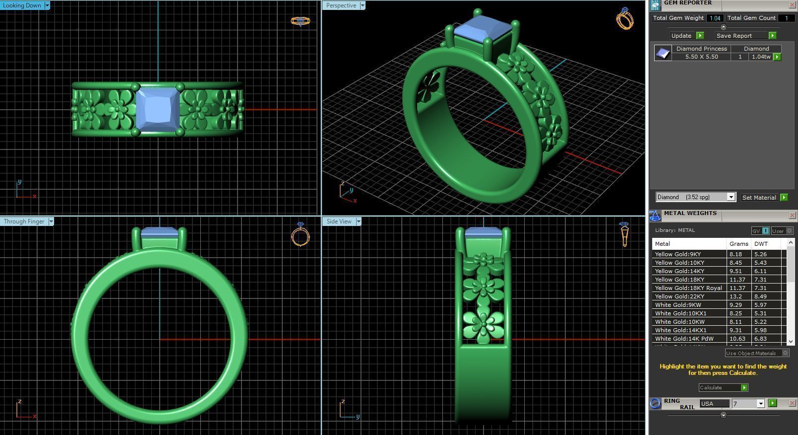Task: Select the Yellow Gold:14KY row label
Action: pyautogui.click(x=678, y=271)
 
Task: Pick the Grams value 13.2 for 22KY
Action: pyautogui.click(x=735, y=296)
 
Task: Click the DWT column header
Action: pyautogui.click(x=761, y=244)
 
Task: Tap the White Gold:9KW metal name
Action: pyautogui.click(x=677, y=305)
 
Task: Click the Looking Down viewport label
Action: pyautogui.click(x=22, y=5)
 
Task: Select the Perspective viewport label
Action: pyautogui.click(x=341, y=5)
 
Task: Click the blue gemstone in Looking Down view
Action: pyautogui.click(x=157, y=109)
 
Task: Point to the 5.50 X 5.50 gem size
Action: pyautogui.click(x=701, y=57)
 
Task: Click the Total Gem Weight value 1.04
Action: pyautogui.click(x=715, y=18)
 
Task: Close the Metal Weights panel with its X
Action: pyautogui.click(x=792, y=216)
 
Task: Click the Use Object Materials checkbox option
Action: pyautogui.click(x=785, y=353)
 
